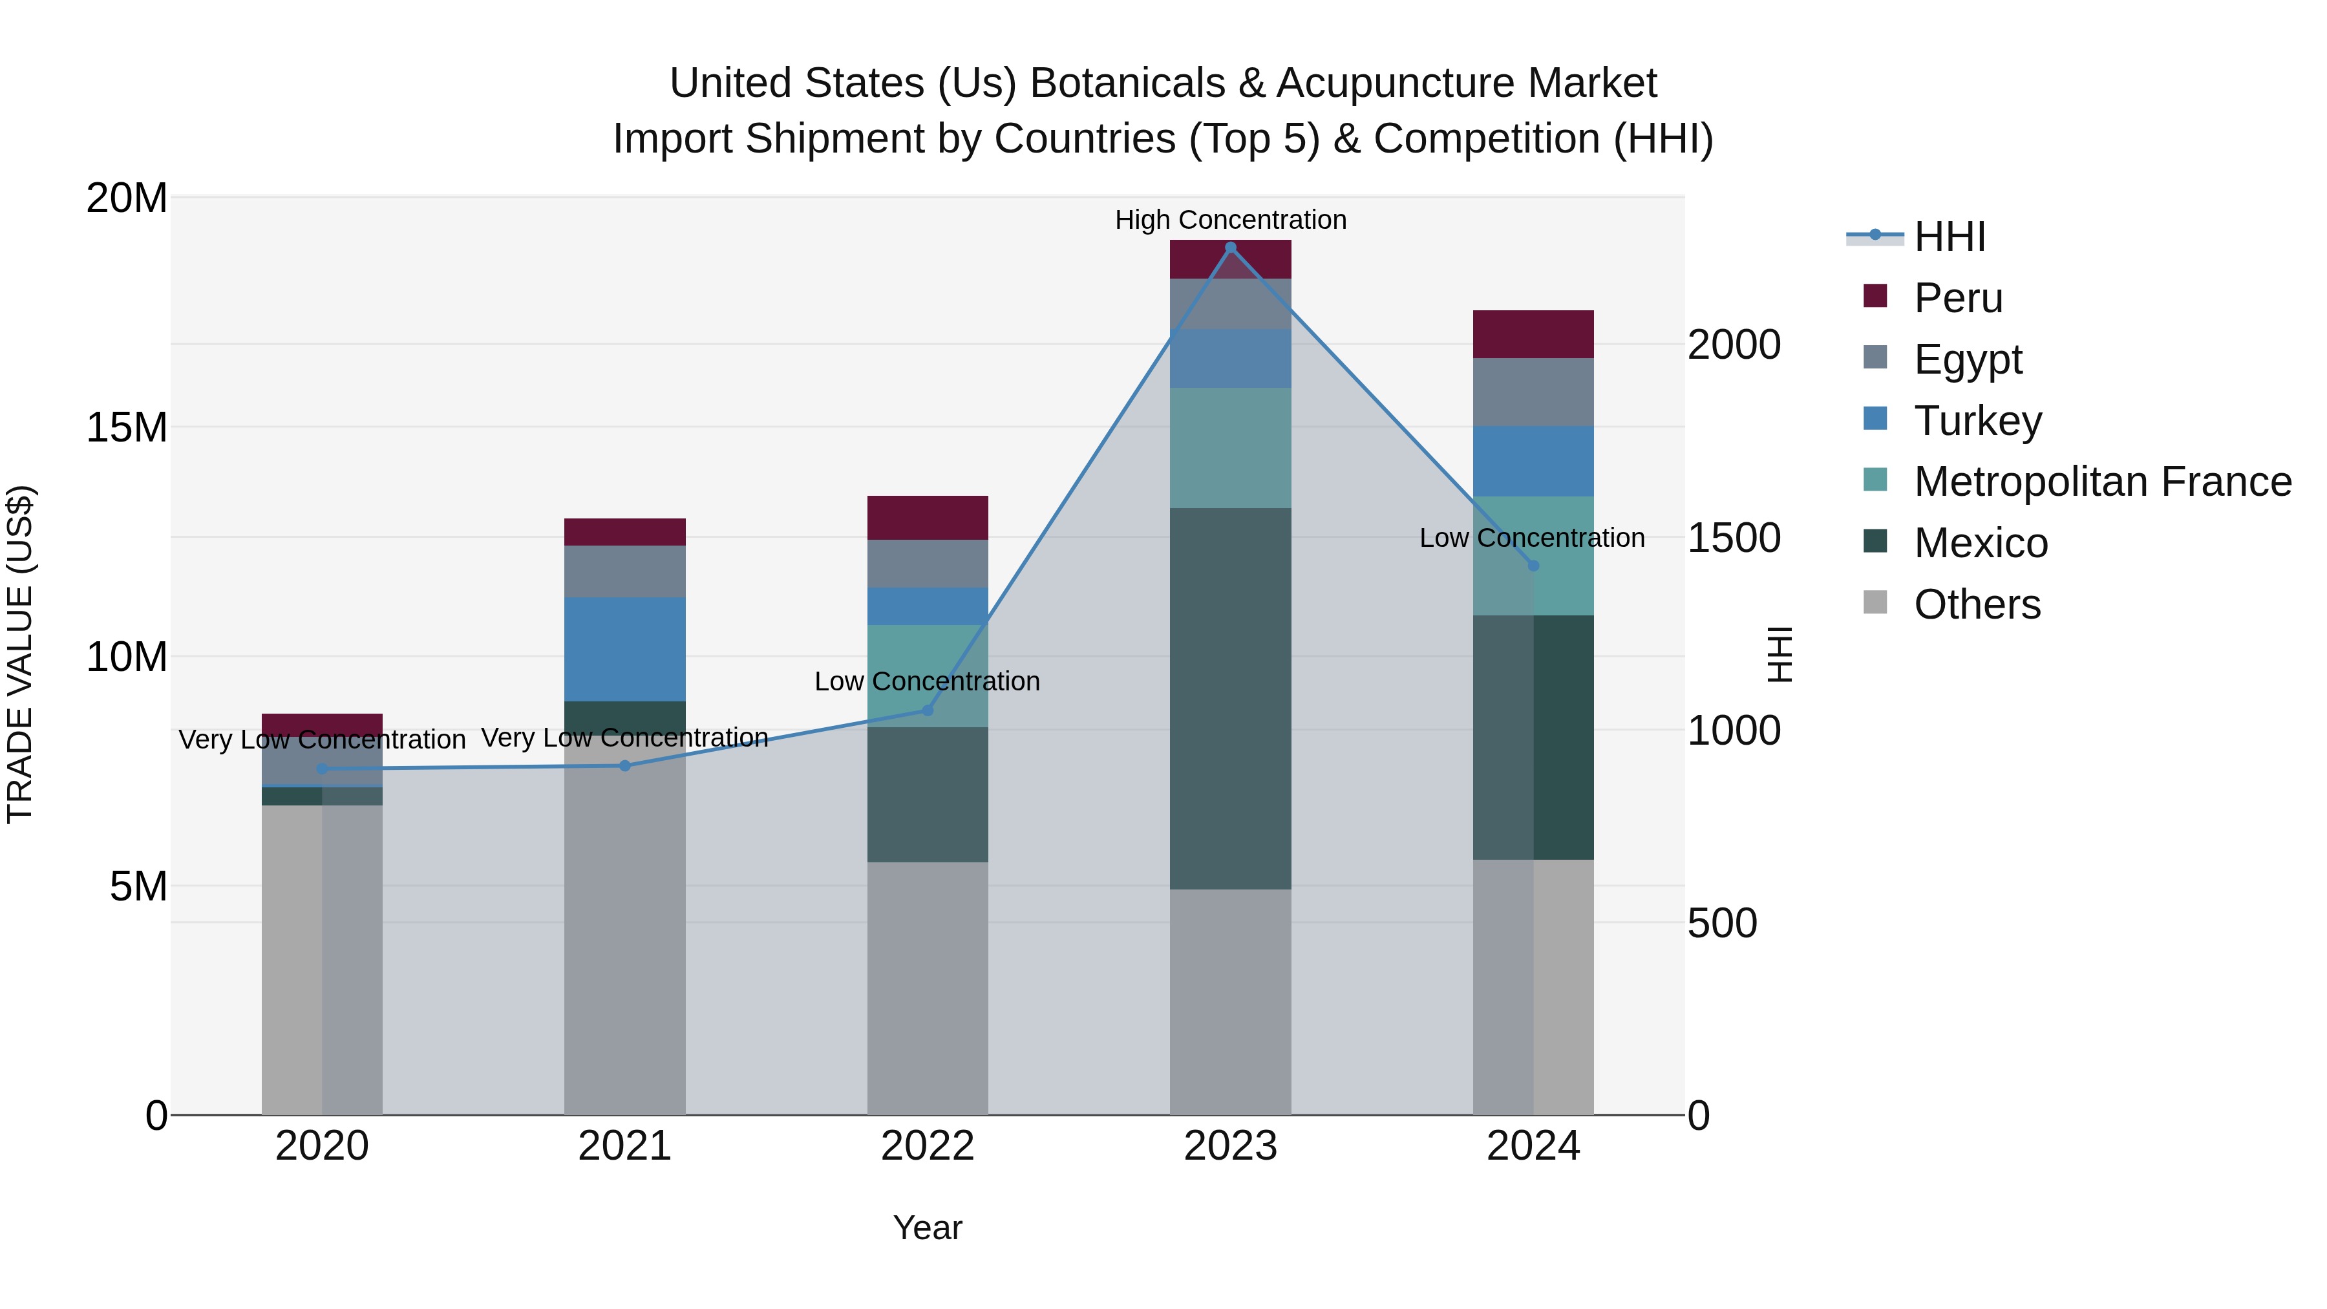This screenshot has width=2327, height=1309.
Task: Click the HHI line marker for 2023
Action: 1230,248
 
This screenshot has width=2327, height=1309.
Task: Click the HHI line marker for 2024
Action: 1533,566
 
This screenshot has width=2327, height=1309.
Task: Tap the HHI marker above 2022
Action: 928,711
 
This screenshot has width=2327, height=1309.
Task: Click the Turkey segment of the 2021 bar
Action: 624,648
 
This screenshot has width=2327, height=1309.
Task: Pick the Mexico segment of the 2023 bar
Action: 1230,698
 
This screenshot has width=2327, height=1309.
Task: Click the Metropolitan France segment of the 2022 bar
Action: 928,676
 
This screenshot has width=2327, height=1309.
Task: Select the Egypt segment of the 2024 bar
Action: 1533,392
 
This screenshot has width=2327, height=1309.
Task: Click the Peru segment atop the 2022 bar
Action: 928,518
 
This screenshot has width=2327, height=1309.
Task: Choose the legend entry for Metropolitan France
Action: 2102,482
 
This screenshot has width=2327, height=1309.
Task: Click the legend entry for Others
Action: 1977,604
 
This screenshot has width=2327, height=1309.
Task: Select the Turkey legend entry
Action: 1977,421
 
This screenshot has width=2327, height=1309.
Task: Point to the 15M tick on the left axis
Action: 127,427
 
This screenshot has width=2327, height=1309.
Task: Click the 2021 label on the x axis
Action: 624,1146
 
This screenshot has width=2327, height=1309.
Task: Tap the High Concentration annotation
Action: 1230,220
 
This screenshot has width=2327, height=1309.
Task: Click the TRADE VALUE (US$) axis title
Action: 20,654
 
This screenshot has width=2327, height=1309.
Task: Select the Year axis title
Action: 928,1228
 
